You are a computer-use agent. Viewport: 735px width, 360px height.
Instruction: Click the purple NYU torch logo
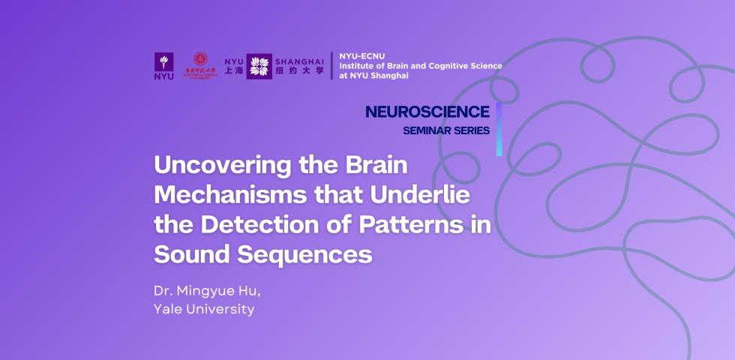(163, 66)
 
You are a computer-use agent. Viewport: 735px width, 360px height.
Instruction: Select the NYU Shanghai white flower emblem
(259, 66)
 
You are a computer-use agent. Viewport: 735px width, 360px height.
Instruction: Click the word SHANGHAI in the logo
(300, 60)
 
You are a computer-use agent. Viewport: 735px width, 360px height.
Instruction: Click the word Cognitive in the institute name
(442, 66)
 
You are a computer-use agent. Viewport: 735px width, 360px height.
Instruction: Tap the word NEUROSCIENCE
(427, 112)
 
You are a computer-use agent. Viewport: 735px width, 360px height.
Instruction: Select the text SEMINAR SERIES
(446, 130)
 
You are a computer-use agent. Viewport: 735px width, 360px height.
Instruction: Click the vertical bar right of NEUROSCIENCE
(499, 129)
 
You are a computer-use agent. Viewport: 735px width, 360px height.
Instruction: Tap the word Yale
(169, 308)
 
